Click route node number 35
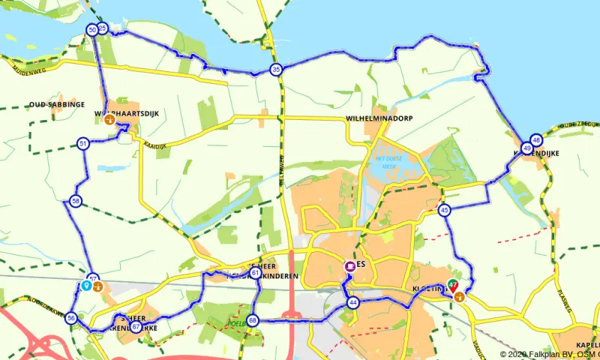[276, 70]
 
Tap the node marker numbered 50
[92, 30]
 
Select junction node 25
[103, 28]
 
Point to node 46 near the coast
[535, 139]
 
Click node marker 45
[445, 211]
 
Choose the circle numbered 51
[82, 143]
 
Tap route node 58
[75, 200]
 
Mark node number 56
[71, 318]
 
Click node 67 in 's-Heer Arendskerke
[135, 326]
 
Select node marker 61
[256, 274]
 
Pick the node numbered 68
[252, 321]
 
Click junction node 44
[352, 303]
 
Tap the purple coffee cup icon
[349, 266]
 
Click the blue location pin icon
[86, 285]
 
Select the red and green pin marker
[452, 285]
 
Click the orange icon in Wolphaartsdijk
[109, 118]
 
